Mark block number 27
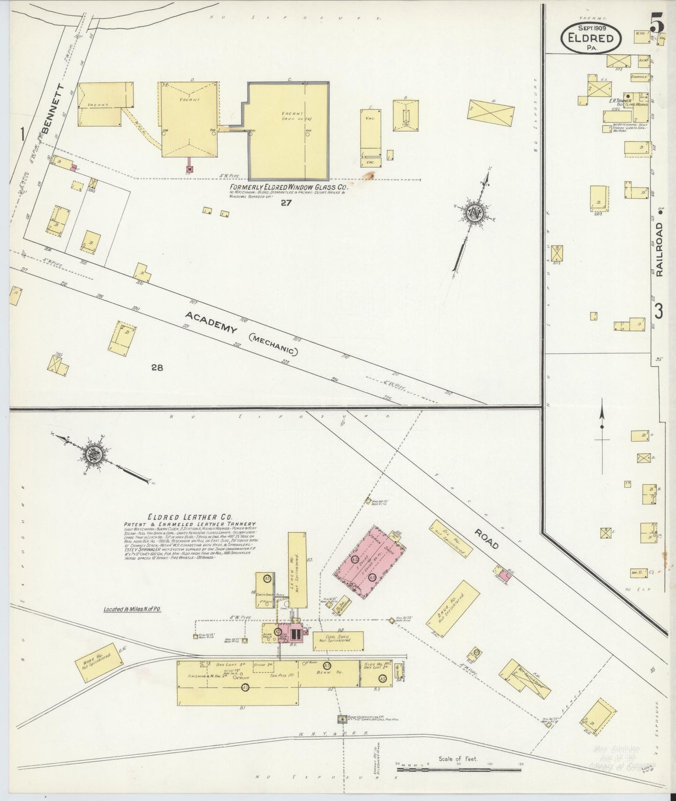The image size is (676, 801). [x=286, y=203]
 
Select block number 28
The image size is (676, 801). [x=157, y=368]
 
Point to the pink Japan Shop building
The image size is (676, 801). [x=368, y=563]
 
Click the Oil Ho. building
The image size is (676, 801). [x=448, y=539]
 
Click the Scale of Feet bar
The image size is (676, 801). [x=458, y=769]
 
